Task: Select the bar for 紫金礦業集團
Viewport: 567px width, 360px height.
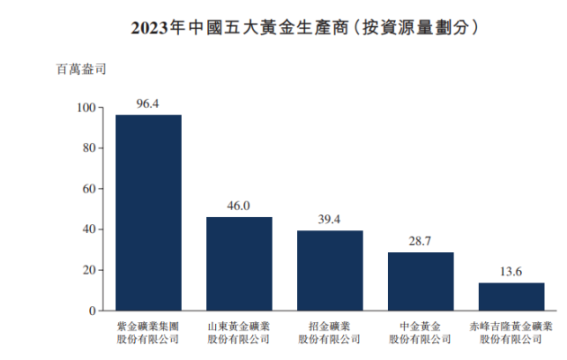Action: coord(148,212)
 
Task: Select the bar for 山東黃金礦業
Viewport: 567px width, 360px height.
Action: coord(239,264)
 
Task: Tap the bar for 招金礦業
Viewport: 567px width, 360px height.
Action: coord(330,270)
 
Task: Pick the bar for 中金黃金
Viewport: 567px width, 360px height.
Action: coord(420,281)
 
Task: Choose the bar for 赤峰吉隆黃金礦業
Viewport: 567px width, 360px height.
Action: coord(511,296)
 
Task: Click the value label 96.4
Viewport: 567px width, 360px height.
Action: coord(148,103)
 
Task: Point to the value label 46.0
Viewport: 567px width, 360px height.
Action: coord(238,206)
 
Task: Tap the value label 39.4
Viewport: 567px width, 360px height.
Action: coord(329,220)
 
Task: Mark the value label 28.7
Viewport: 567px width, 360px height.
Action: coord(420,241)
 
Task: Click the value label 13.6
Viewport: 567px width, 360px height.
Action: coord(511,272)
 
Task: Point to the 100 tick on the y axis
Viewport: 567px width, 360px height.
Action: coord(86,108)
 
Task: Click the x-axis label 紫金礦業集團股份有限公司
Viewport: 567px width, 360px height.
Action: coord(148,333)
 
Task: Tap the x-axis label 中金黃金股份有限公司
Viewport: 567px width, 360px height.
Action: coord(420,333)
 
